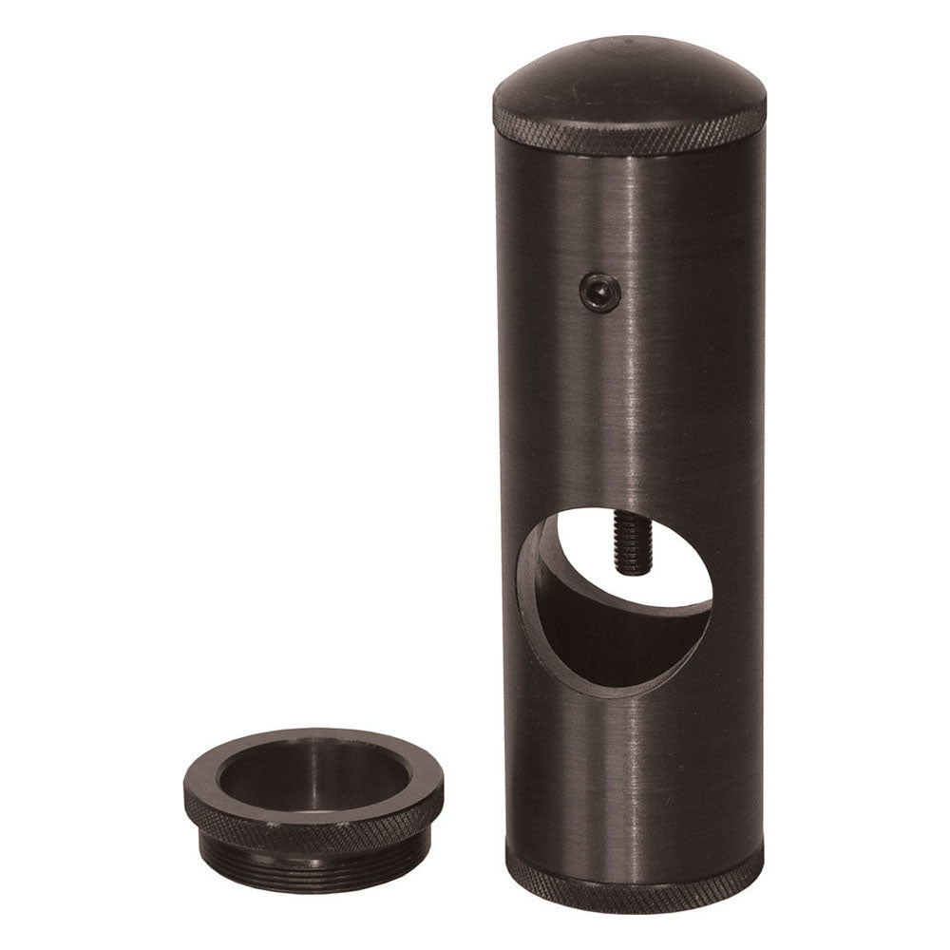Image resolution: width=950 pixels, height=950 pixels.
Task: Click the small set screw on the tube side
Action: click(601, 290)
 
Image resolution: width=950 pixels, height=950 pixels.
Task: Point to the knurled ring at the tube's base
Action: click(635, 888)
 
